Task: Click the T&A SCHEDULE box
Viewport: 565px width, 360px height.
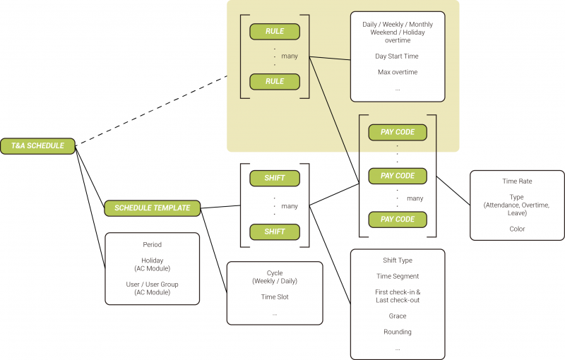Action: (x=37, y=146)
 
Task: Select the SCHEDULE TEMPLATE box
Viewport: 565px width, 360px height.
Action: (x=152, y=208)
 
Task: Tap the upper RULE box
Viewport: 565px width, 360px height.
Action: (x=275, y=32)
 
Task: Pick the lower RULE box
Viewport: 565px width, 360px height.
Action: (x=275, y=81)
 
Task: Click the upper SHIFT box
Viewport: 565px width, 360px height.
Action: (x=275, y=178)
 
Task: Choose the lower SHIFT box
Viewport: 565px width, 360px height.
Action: (x=275, y=232)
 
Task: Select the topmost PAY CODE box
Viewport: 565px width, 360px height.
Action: (x=398, y=132)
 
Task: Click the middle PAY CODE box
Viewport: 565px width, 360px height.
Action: (x=398, y=176)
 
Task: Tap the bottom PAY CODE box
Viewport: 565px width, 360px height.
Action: (x=398, y=219)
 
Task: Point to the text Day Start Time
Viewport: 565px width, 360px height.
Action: (x=398, y=55)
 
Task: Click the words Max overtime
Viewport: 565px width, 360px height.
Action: (x=398, y=72)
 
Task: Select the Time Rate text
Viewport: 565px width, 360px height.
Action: (x=517, y=181)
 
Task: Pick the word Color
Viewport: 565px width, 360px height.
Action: (x=517, y=229)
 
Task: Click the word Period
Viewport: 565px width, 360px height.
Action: (x=152, y=245)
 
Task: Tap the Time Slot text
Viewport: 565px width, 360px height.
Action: (x=275, y=297)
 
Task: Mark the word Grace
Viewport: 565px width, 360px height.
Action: (x=398, y=316)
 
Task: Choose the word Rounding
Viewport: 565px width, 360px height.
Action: (x=398, y=332)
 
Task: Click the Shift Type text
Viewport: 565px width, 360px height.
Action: (x=398, y=260)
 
